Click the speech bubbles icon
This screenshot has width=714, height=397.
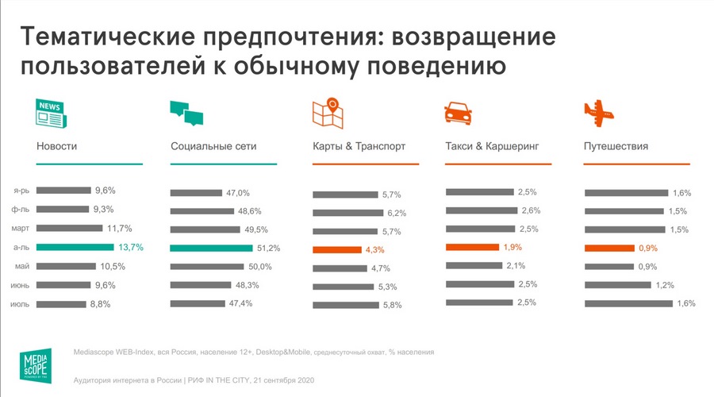[x=187, y=114]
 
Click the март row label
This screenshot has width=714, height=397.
[x=21, y=228]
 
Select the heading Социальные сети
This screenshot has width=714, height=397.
[x=213, y=146]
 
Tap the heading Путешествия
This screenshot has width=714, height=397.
[x=616, y=146]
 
